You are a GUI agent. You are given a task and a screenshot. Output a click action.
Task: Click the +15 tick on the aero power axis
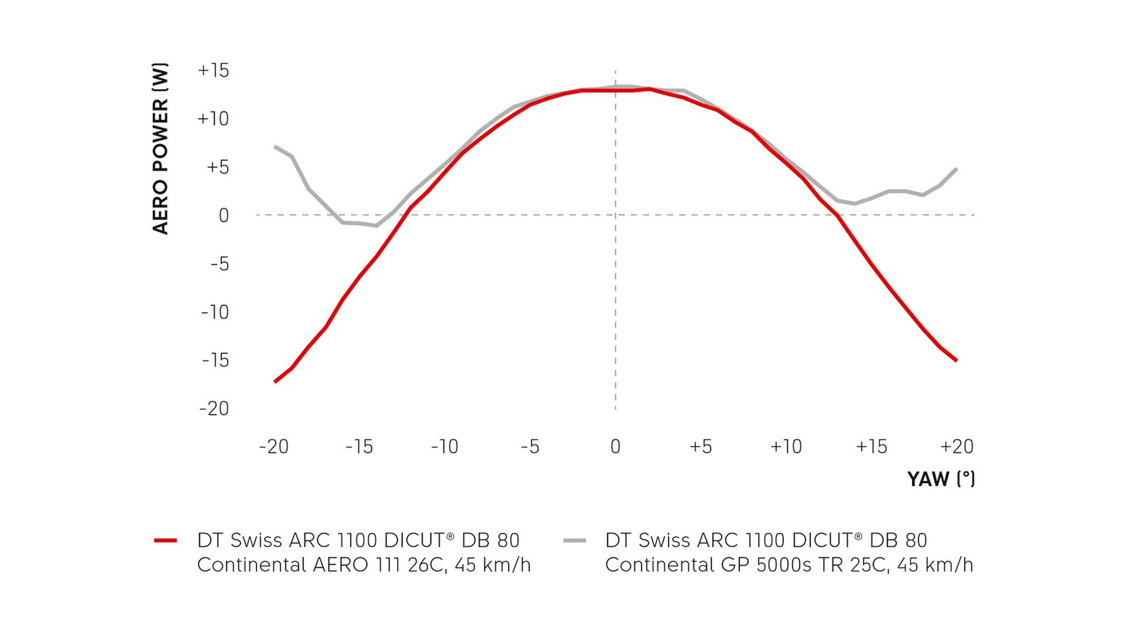213,70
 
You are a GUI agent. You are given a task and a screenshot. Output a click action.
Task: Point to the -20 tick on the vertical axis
214,408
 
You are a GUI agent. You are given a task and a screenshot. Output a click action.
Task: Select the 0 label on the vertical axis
223,216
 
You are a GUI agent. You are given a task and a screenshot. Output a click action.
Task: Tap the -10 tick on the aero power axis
215,312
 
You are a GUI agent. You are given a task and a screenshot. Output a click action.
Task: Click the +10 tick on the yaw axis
785,447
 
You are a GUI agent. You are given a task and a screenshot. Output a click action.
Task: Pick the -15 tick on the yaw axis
359,447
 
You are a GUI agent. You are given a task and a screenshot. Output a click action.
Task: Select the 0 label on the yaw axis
615,447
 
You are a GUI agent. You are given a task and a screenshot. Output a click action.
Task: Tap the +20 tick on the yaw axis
956,447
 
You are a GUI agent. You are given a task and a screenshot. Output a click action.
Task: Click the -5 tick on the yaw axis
529,447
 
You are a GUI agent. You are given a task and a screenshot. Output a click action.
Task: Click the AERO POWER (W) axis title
161,149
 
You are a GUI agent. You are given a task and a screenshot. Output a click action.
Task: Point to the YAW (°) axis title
940,479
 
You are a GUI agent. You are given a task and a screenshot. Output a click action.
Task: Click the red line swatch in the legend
165,541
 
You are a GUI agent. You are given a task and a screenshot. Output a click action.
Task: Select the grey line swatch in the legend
574,541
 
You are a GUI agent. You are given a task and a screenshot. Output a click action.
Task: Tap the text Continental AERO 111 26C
322,565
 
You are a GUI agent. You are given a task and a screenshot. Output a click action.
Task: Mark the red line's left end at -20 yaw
275,382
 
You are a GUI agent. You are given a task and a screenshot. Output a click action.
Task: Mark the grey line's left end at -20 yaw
275,147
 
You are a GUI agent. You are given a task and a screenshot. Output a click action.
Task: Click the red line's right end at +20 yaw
957,361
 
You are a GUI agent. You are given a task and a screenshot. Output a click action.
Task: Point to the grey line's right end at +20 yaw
957,169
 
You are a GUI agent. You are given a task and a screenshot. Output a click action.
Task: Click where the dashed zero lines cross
615,215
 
